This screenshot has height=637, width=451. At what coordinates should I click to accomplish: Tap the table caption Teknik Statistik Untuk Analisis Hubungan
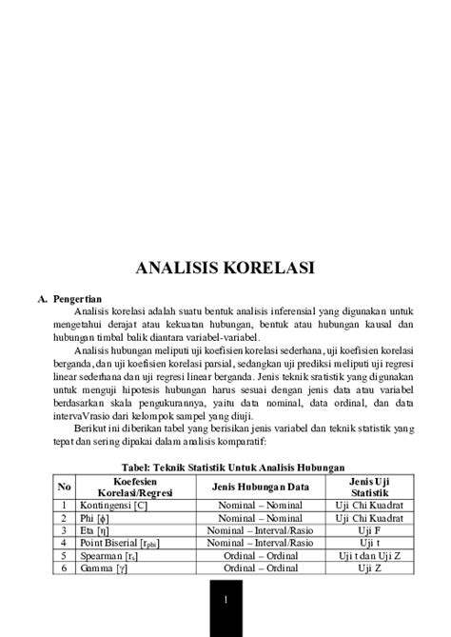click(225, 468)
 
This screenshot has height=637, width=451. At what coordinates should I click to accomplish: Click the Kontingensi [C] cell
click(107, 505)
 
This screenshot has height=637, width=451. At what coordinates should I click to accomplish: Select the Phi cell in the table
click(92, 517)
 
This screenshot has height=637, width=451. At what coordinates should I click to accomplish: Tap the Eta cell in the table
click(92, 529)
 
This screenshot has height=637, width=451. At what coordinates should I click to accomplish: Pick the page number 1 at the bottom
click(225, 601)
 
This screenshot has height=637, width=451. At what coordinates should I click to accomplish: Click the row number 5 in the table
click(62, 554)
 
